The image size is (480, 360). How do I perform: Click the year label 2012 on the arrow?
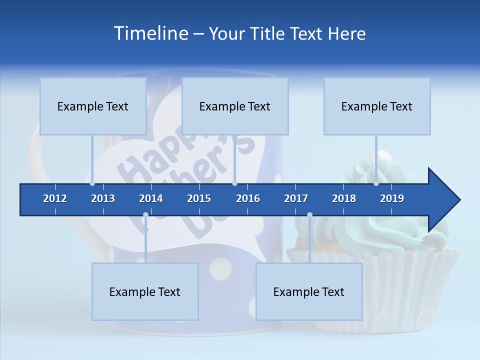tap(55, 198)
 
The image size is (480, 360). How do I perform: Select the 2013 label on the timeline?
tap(103, 198)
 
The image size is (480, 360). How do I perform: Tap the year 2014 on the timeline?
tap(151, 198)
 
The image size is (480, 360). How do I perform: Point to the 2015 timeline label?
tap(199, 198)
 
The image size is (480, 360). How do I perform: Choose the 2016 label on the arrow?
tap(248, 198)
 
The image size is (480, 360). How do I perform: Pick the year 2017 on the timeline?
tap(296, 198)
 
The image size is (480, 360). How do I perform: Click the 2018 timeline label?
tap(344, 198)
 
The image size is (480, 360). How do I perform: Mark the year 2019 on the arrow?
tap(392, 198)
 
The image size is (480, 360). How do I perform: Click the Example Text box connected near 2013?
tap(93, 106)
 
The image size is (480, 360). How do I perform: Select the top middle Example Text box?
tap(235, 106)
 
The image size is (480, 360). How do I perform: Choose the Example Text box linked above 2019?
tap(377, 106)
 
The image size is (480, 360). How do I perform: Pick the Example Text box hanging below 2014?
tap(145, 291)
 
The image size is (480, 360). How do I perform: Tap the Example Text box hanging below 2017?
tap(309, 291)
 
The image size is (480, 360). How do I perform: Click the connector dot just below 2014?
tap(145, 215)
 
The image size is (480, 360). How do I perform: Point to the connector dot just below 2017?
tap(309, 215)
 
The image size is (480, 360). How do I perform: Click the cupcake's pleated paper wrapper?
tap(410, 285)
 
